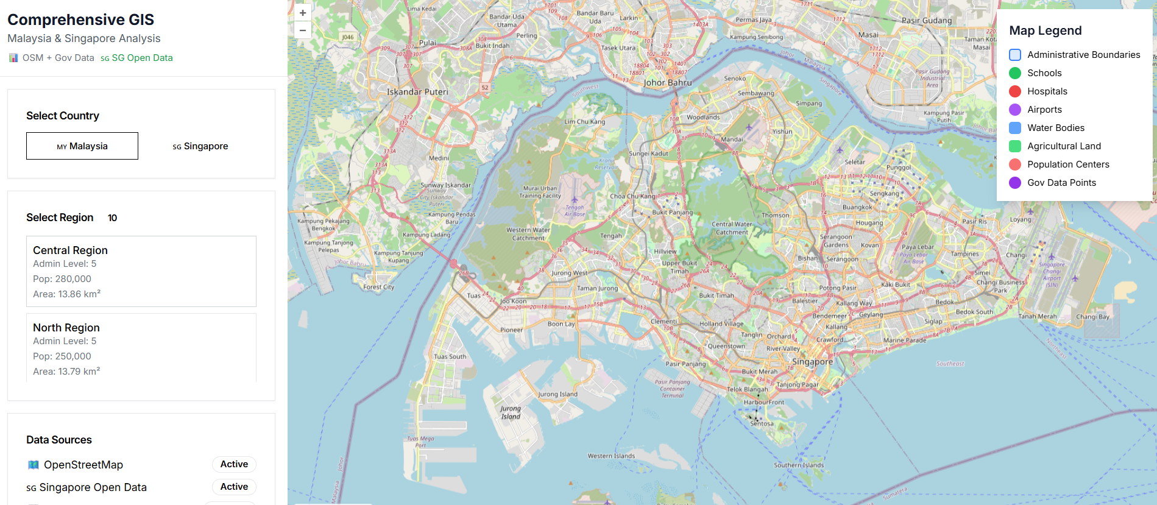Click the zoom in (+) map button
[303, 13]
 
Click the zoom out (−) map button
[303, 30]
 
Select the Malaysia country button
[82, 146]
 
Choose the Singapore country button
[200, 146]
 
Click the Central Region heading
[70, 250]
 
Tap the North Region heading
[66, 328]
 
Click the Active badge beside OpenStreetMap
[234, 464]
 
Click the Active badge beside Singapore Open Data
[234, 487]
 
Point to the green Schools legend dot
[1015, 73]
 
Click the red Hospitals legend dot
[1015, 91]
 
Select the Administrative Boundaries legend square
[1015, 55]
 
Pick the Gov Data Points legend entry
[1061, 183]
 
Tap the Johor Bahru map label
[668, 83]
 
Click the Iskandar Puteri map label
[417, 92]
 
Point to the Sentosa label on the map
[762, 423]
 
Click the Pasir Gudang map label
[926, 21]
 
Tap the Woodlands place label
[703, 117]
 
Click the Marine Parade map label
[904, 341]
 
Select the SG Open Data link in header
[142, 58]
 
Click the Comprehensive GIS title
[80, 19]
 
